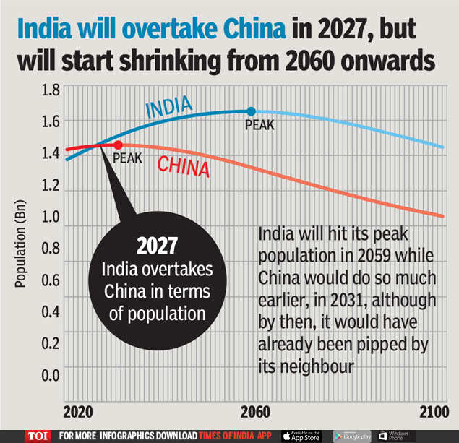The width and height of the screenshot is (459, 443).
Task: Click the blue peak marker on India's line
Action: click(x=251, y=111)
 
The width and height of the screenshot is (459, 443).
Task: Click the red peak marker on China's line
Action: click(x=119, y=145)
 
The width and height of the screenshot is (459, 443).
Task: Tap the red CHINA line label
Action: click(x=184, y=167)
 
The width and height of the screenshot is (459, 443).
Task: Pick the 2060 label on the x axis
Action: click(x=255, y=412)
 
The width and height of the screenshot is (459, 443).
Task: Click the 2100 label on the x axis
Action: click(x=433, y=412)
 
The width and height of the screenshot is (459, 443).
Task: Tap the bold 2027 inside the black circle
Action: click(x=157, y=246)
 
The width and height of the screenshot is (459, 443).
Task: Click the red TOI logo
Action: click(x=38, y=435)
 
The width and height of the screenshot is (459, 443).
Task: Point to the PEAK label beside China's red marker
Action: click(x=127, y=158)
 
